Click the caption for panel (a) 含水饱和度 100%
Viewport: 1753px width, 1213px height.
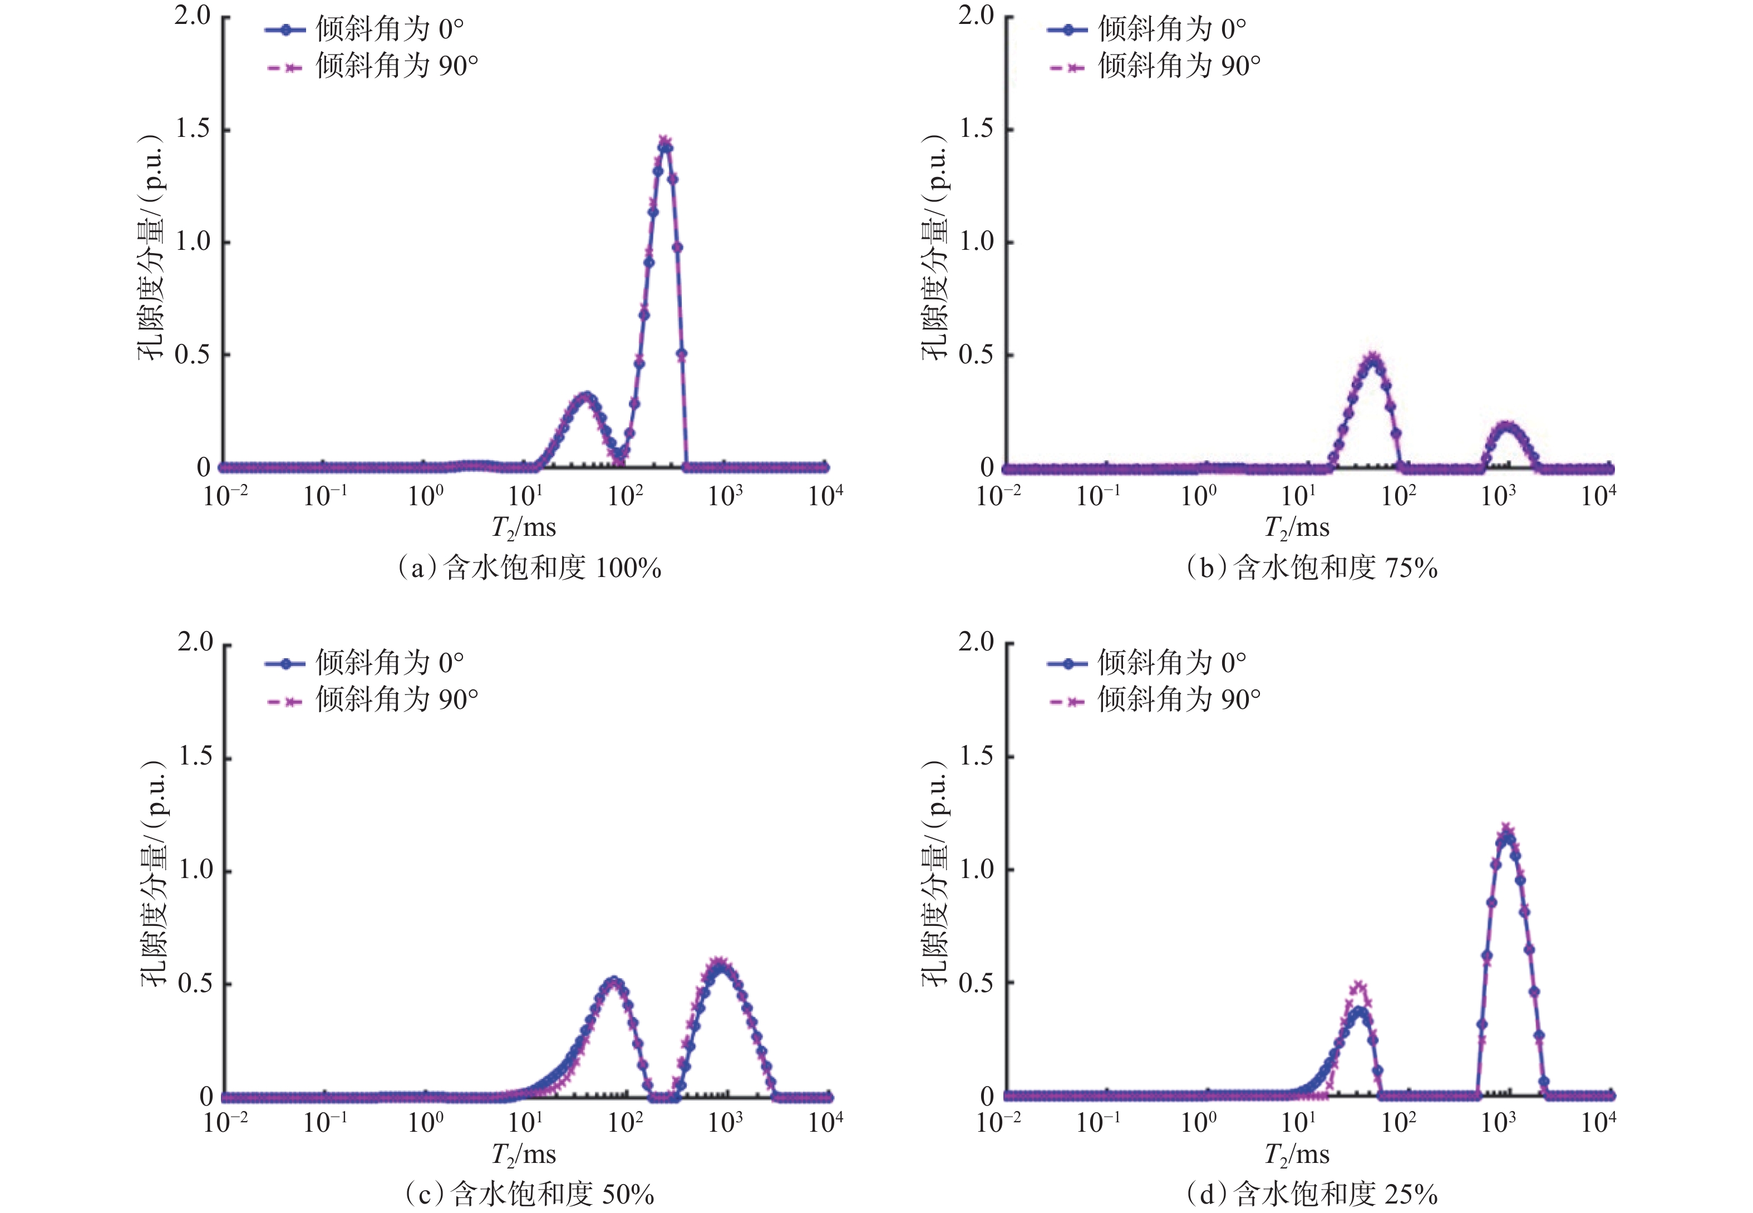[x=529, y=568]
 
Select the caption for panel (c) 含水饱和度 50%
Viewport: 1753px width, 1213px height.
[x=529, y=1194]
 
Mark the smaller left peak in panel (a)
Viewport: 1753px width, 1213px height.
[x=584, y=397]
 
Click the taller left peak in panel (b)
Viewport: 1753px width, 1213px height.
[x=1373, y=359]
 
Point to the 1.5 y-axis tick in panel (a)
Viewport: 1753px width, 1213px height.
[x=193, y=129]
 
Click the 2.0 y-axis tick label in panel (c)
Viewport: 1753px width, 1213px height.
[x=195, y=642]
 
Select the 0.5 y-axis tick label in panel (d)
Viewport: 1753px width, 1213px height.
[x=977, y=983]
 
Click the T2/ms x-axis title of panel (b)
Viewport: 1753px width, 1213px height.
[x=1297, y=527]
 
